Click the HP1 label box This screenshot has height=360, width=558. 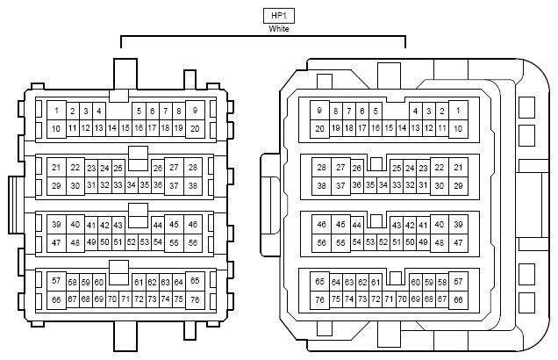click(x=279, y=16)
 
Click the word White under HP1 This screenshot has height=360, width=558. click(x=279, y=29)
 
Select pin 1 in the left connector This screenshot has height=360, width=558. click(x=56, y=111)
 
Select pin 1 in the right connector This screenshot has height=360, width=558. click(x=458, y=111)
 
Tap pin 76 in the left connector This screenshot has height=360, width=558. click(x=195, y=299)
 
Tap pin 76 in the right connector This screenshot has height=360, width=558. click(x=319, y=299)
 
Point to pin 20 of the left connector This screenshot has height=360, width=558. click(x=195, y=128)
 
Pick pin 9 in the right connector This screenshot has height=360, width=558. click(x=319, y=111)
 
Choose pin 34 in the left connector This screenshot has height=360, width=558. click(x=132, y=185)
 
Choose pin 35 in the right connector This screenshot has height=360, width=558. click(x=370, y=185)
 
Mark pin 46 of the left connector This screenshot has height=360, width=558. click(x=193, y=224)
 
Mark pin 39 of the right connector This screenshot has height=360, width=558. click(x=458, y=224)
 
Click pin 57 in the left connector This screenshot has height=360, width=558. click(x=56, y=281)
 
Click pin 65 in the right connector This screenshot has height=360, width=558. click(x=319, y=282)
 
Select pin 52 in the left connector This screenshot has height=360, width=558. click(x=132, y=242)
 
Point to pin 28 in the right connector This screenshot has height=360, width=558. click(x=322, y=168)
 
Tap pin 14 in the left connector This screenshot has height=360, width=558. click(x=112, y=128)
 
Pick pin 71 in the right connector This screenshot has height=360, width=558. click(x=389, y=299)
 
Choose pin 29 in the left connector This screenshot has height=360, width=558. click(x=56, y=185)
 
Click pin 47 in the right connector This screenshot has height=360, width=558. click(x=458, y=243)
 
